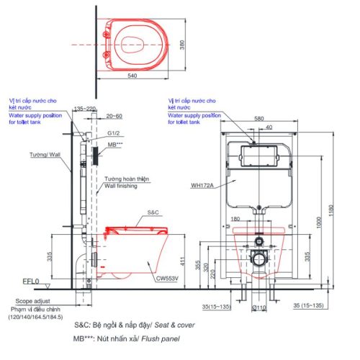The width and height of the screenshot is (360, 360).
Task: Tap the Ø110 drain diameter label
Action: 257,309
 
